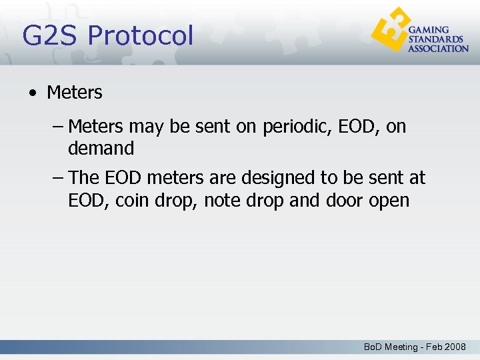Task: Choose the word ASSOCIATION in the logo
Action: (x=438, y=48)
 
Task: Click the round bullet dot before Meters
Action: (x=33, y=93)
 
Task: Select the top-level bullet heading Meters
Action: (x=75, y=93)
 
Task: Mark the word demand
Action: (x=101, y=148)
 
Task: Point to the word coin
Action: (x=129, y=200)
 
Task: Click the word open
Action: (x=391, y=200)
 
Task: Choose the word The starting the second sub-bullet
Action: (x=84, y=178)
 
